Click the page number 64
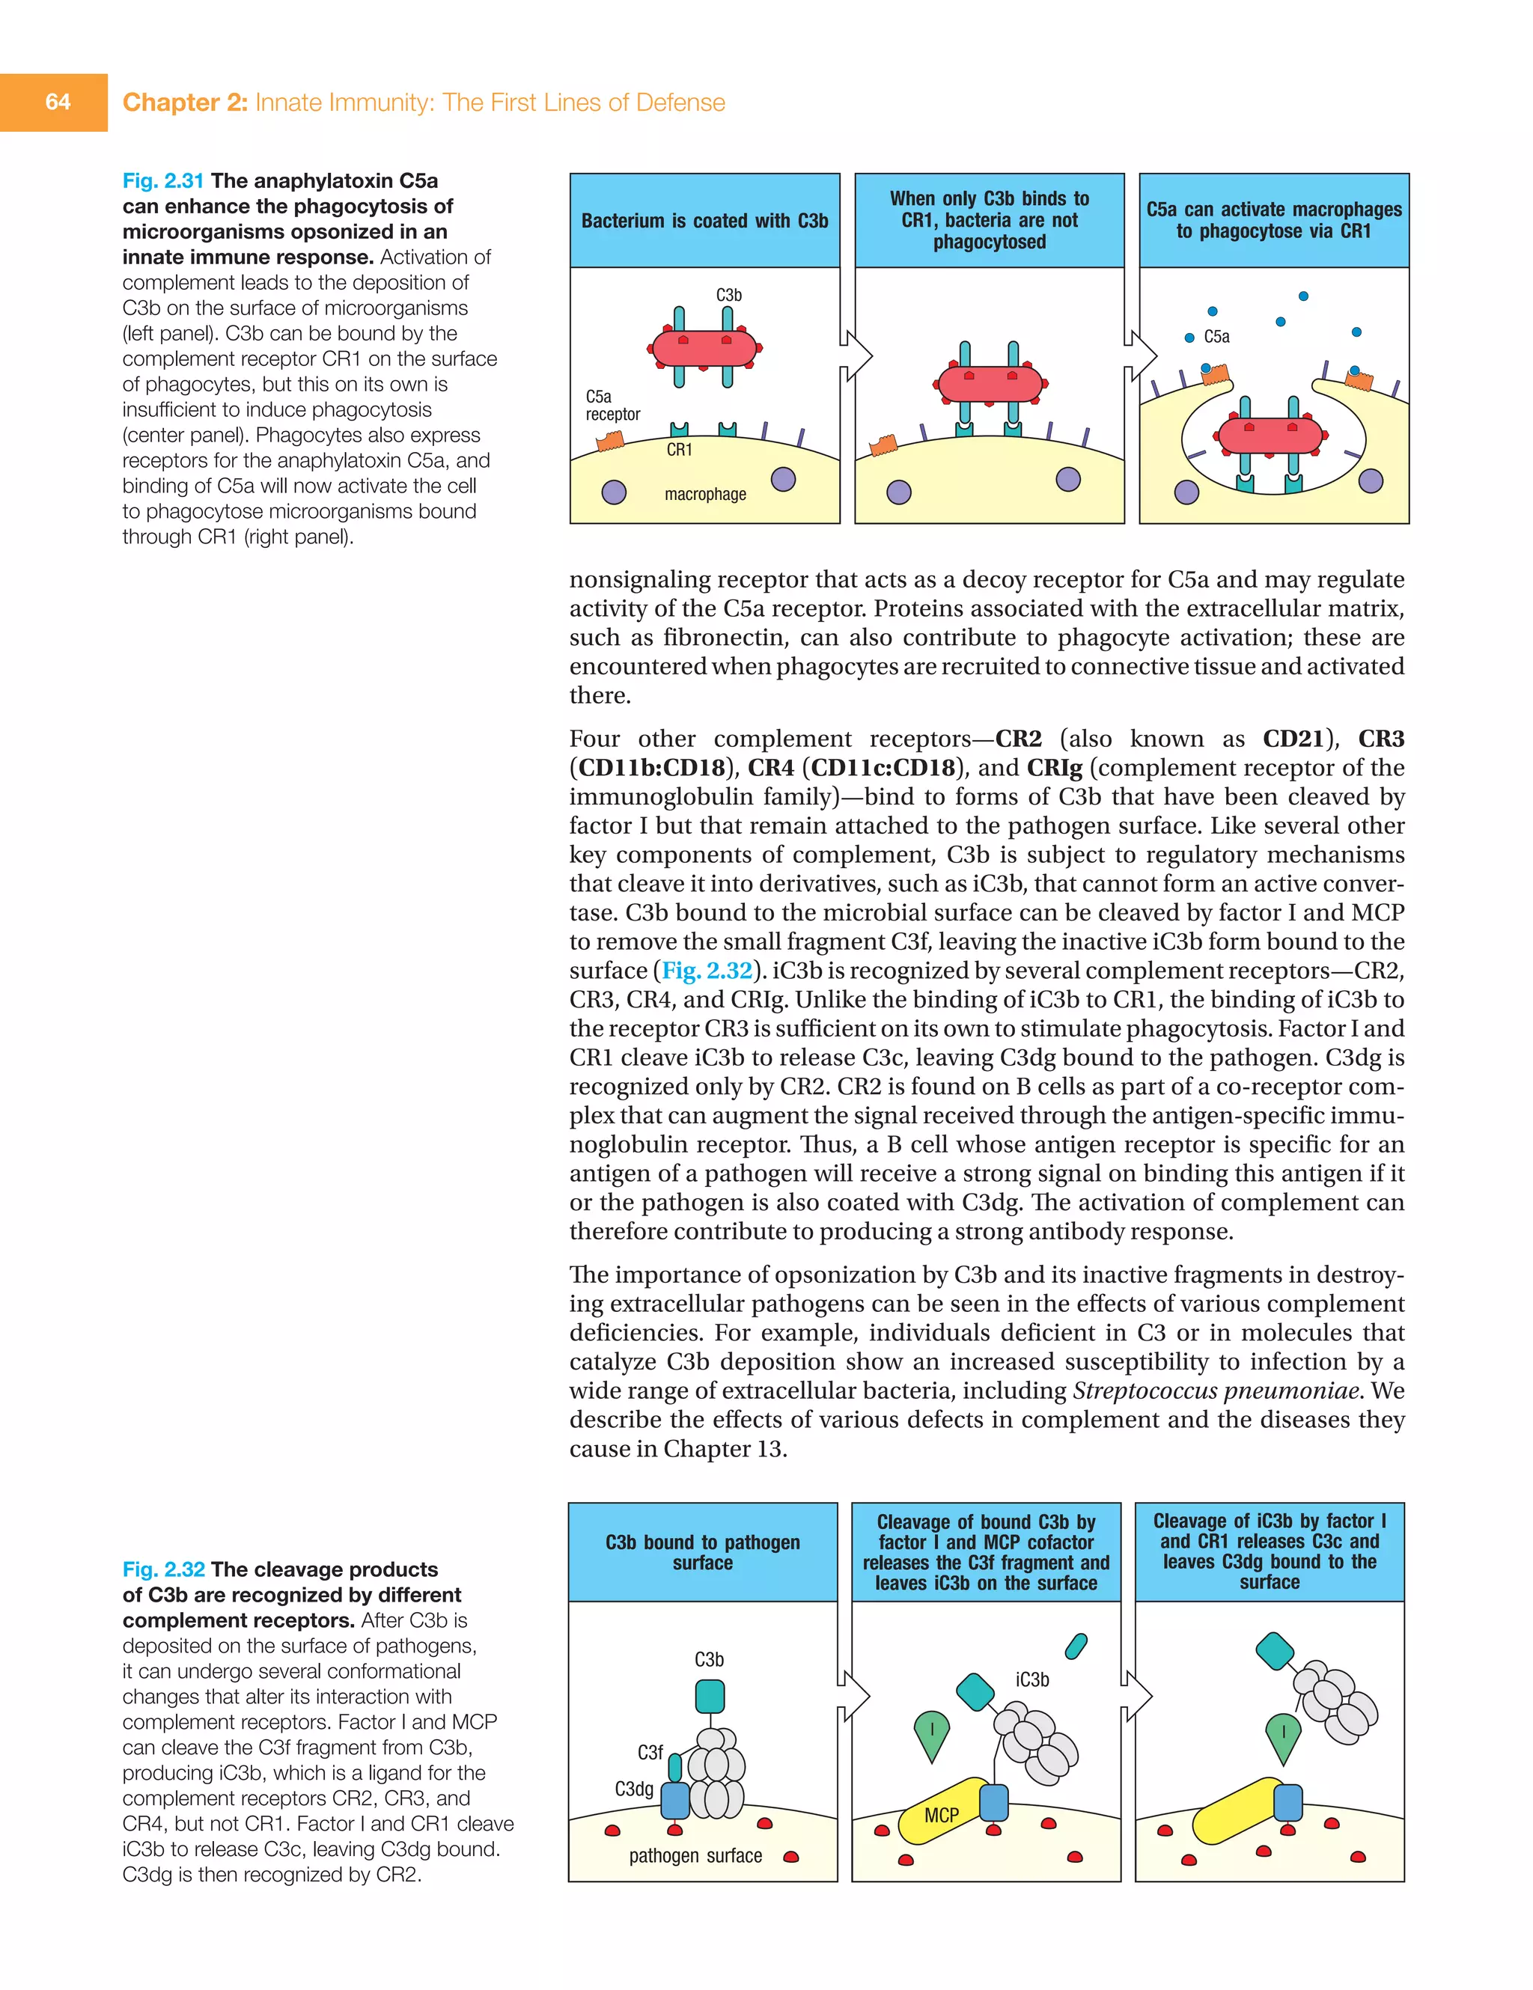click(x=58, y=102)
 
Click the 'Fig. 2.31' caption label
click(x=163, y=180)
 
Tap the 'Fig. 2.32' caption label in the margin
click(x=163, y=1569)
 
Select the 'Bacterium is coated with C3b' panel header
click(x=704, y=221)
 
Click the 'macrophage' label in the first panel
click(x=704, y=494)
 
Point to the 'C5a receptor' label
click(x=612, y=405)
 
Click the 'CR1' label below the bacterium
click(x=679, y=449)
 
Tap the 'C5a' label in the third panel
click(x=1216, y=336)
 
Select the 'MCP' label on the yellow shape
click(x=941, y=1815)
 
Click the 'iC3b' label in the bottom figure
click(x=1031, y=1679)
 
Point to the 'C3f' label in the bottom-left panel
click(x=650, y=1752)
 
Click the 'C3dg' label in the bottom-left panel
click(x=633, y=1789)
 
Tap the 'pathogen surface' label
click(x=695, y=1855)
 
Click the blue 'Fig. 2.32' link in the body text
click(x=707, y=971)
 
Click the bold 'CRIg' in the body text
click(x=1054, y=768)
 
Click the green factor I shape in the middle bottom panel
click(x=931, y=1734)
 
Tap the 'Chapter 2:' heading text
click(x=184, y=102)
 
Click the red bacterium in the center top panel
click(x=989, y=384)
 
